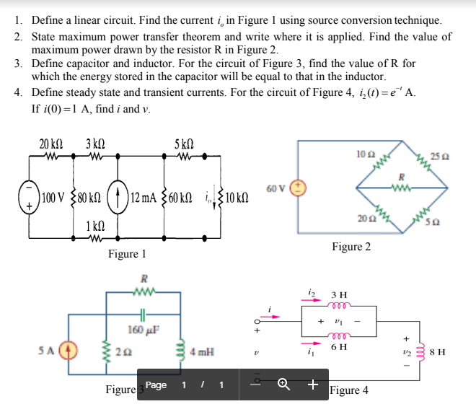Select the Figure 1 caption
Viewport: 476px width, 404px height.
tap(127, 254)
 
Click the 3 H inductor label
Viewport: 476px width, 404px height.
tap(338, 294)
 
